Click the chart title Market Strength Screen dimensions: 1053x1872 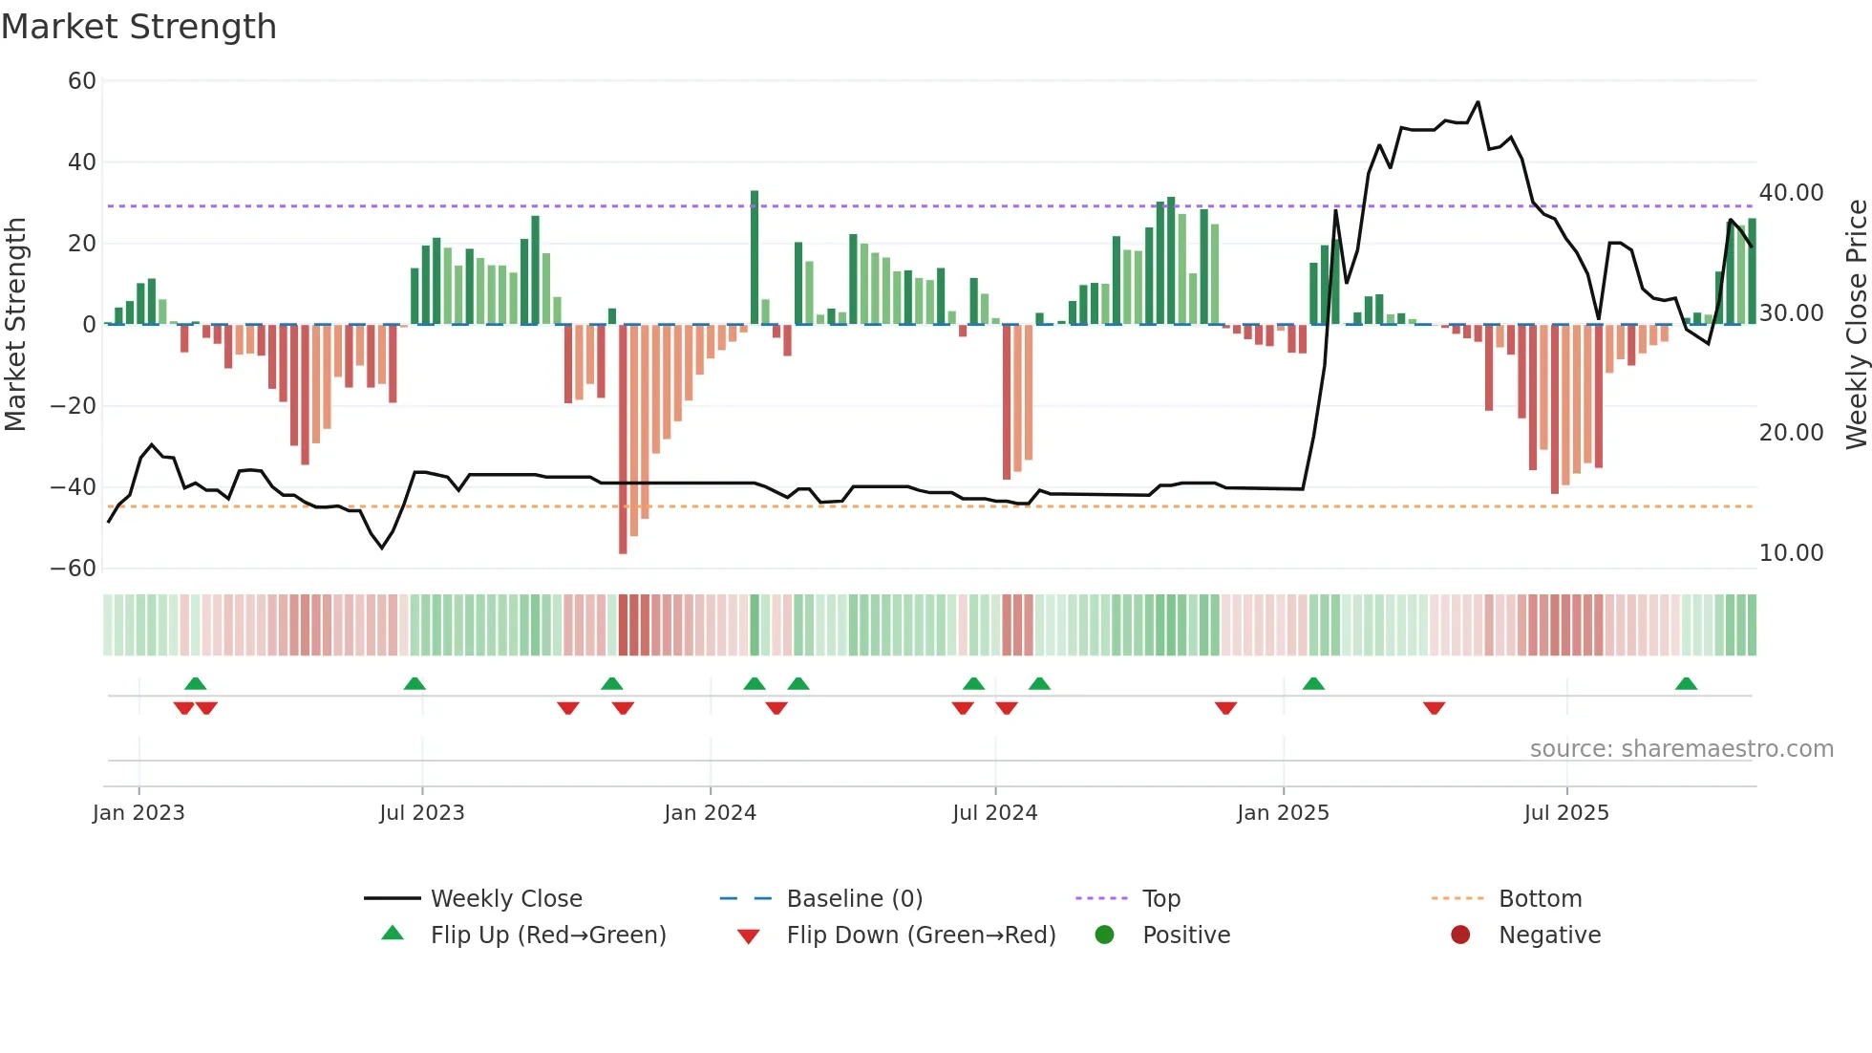138,27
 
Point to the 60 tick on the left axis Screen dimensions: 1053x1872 82,81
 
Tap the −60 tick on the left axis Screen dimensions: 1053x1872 74,569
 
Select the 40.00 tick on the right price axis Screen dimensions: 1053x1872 1791,193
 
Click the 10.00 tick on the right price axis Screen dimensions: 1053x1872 1791,553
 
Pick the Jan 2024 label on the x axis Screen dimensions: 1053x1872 710,813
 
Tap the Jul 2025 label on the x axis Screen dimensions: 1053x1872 1566,813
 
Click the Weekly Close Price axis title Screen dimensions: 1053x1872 1856,325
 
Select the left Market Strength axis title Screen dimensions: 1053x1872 15,325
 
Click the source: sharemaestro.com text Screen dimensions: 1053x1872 1681,749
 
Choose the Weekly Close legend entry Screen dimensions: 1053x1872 505,899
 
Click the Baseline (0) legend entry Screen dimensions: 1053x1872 854,899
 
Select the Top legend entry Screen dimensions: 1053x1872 1160,899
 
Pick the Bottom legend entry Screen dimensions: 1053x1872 1540,899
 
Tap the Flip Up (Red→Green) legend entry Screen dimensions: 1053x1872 547,935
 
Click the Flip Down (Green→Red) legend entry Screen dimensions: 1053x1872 921,935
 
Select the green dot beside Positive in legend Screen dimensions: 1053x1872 1105,935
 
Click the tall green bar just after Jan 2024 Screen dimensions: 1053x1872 755,258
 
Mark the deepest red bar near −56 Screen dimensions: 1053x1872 623,440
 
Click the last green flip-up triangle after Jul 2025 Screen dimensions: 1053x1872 1686,684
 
